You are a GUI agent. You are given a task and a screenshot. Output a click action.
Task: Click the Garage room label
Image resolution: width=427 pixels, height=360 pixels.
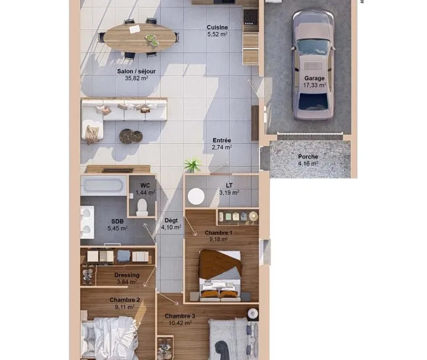pos(314,78)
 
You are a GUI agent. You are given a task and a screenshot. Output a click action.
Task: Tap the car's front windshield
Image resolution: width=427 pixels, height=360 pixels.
pos(313,47)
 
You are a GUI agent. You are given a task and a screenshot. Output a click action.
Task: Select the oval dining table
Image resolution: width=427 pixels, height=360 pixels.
pos(140,37)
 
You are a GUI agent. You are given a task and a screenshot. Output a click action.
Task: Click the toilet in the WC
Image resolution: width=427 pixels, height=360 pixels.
pos(142,207)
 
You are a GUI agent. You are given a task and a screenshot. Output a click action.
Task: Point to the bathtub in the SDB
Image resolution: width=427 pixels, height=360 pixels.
pos(104,186)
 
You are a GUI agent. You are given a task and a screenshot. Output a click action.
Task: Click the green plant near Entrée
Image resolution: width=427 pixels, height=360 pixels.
pos(193,164)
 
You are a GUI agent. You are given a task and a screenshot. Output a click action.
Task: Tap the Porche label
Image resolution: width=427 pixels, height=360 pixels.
pos(308,157)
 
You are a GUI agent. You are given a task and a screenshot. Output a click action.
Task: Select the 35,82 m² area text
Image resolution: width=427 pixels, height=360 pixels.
pos(137,78)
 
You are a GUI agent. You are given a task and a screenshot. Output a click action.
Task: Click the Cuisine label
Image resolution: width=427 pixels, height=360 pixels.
pos(217,28)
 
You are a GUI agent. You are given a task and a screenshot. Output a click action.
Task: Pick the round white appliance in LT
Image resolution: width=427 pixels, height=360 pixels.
pos(196,196)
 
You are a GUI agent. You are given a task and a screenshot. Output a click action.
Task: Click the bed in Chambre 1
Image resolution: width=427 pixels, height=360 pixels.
pos(220,275)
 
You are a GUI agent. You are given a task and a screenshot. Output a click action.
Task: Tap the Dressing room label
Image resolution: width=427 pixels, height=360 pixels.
pos(127,275)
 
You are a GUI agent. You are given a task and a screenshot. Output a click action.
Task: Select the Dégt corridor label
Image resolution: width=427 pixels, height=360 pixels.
pos(171,220)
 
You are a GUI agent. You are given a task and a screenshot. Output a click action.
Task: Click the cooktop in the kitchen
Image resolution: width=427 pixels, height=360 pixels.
pos(250,17)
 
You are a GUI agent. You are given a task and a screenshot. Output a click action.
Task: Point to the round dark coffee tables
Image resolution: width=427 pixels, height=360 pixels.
pos(131,136)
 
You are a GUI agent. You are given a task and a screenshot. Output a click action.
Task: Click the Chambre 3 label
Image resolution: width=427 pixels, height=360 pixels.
pos(180,316)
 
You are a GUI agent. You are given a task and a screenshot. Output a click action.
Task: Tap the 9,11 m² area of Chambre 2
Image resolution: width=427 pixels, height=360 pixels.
pos(125,307)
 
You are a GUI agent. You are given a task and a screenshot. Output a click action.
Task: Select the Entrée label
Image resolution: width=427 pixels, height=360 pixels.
pos(222,140)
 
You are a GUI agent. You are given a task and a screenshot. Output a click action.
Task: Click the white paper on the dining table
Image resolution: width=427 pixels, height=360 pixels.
pos(135,29)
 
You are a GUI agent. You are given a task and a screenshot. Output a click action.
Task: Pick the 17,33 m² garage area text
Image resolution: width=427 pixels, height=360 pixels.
pos(314,85)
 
